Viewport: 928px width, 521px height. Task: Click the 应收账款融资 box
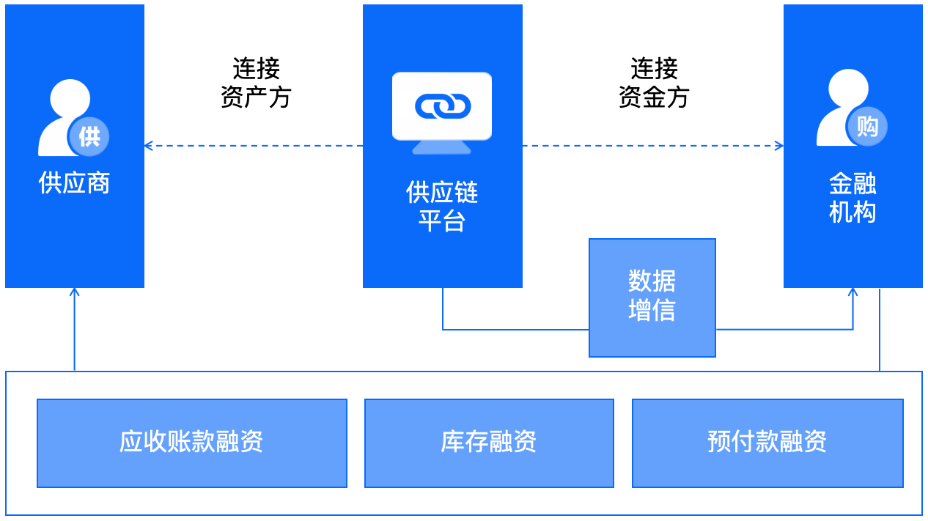[191, 443]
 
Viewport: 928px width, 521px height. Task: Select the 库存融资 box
[489, 443]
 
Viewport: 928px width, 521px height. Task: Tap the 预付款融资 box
[767, 443]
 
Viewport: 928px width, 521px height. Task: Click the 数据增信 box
[652, 297]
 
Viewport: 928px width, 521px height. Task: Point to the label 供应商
[74, 183]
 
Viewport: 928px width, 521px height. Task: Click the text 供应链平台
[442, 207]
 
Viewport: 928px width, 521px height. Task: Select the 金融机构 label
[852, 198]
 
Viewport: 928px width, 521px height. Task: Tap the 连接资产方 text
[256, 83]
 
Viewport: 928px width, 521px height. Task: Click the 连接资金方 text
[654, 83]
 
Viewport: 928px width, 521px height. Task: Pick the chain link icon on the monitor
[442, 106]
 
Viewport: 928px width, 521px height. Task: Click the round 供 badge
[89, 136]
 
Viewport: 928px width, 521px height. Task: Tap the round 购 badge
[867, 127]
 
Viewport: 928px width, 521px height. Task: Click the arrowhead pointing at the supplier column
[148, 146]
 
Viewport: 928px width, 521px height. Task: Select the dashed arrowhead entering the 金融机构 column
[779, 146]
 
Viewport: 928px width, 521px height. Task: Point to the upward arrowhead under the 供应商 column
[74, 292]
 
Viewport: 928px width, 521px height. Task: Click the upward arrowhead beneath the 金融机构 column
[852, 292]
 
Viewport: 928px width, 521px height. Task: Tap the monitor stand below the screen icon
[441, 147]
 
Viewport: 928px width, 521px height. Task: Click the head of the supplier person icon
[70, 97]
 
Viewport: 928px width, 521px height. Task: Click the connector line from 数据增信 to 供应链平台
[513, 330]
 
